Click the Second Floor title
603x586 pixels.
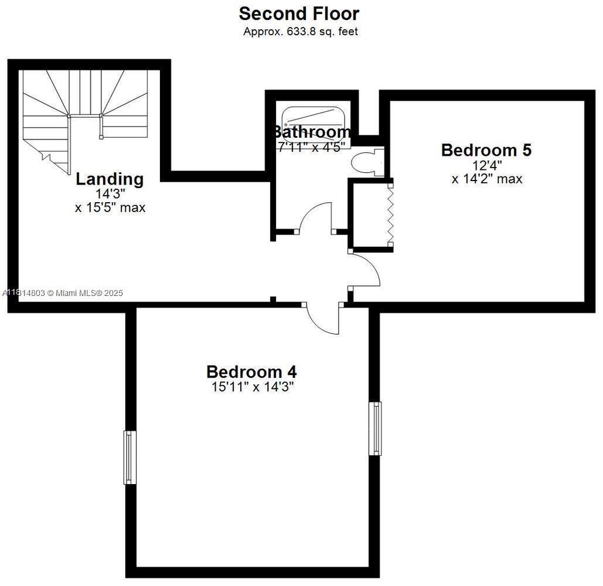coord(299,13)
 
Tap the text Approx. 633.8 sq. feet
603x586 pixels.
coord(300,32)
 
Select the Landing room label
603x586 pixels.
coord(110,179)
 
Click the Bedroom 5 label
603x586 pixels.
coord(486,150)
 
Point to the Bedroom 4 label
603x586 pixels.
coord(251,372)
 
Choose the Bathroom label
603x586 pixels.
coord(312,132)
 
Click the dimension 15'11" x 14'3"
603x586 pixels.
coord(252,387)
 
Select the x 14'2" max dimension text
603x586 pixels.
coord(486,179)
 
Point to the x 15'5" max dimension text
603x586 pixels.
coord(110,207)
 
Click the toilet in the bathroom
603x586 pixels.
coord(366,162)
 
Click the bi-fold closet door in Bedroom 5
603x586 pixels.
coord(390,211)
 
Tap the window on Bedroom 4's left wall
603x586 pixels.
coord(130,457)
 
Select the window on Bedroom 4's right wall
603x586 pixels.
coord(374,428)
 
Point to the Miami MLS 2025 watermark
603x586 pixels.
coord(63,292)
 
